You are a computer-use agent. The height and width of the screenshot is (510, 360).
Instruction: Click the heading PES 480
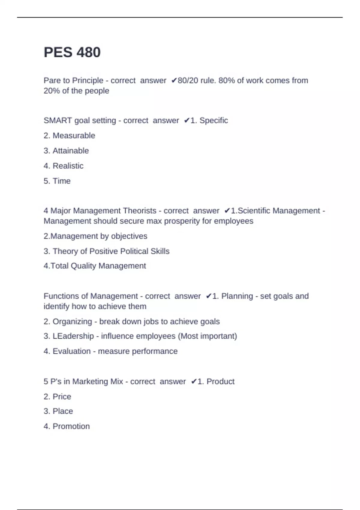(72, 52)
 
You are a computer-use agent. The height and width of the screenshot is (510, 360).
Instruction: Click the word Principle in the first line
(88, 80)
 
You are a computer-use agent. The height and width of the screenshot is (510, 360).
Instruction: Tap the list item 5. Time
(57, 181)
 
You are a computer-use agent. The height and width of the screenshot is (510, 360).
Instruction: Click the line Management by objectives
(95, 236)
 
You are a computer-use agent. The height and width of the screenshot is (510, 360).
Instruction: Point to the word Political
(134, 251)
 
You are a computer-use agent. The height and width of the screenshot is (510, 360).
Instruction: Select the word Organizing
(72, 322)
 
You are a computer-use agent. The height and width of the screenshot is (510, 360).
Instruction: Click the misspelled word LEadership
(73, 336)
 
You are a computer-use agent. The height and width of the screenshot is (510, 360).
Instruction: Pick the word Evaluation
(72, 351)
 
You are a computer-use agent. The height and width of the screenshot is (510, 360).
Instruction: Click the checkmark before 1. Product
(194, 381)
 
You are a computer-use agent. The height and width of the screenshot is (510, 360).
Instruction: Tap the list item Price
(62, 397)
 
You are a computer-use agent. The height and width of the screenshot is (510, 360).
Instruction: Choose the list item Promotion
(71, 426)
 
